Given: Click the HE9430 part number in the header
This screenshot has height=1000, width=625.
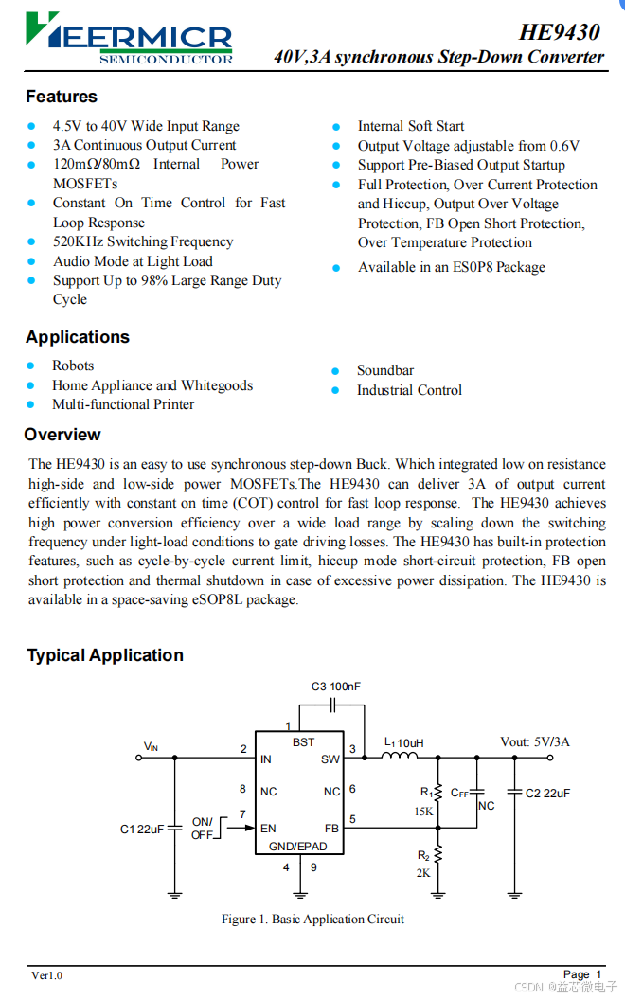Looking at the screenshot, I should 559,32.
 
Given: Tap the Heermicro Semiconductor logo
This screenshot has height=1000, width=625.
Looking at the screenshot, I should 129,38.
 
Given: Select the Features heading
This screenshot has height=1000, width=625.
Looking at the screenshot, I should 62,97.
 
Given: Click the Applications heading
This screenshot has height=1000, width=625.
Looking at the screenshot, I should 78,337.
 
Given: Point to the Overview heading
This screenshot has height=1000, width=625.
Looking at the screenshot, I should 62,435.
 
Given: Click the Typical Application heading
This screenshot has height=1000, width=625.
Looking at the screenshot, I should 105,655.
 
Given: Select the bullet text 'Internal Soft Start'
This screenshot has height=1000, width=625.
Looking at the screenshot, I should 410,126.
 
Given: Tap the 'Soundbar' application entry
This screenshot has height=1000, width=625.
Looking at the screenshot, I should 384,370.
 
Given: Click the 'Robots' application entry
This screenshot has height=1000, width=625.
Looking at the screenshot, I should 73,366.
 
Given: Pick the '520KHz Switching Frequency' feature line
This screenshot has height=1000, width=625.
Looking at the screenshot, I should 143,241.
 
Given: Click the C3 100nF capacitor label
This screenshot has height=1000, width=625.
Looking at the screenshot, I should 336,687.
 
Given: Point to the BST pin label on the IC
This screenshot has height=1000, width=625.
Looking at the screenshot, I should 303,742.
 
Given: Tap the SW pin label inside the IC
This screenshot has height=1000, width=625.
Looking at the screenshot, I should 330,759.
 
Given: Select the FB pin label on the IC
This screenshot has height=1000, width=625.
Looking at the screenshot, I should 331,828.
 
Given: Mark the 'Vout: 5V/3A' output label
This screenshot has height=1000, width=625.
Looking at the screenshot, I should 535,742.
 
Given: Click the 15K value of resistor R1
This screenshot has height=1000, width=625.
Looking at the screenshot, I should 423,812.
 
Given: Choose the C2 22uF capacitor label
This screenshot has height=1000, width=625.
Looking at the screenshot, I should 547,793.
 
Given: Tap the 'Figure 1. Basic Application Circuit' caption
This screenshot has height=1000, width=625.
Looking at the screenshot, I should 312,919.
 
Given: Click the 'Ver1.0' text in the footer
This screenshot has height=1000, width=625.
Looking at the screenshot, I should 46,975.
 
